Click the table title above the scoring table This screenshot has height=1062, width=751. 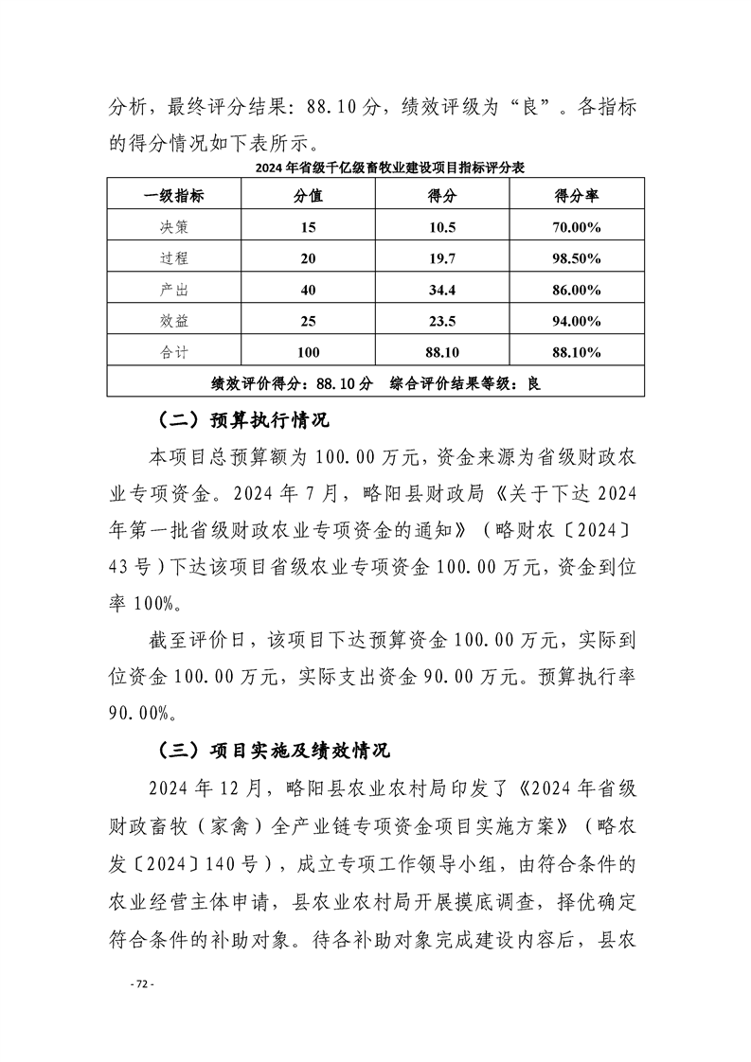coord(376,168)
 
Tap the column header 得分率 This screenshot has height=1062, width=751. coord(577,196)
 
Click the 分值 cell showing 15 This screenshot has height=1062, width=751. coord(308,227)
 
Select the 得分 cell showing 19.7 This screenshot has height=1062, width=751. coord(442,258)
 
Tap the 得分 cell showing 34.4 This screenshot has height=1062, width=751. coord(442,290)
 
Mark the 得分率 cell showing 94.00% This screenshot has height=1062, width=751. coord(577,321)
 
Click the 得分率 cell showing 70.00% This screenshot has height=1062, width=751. coord(577,227)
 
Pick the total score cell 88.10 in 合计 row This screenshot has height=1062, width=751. coord(442,352)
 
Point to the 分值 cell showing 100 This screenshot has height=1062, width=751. coord(308,352)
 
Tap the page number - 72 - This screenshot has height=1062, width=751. coord(141,984)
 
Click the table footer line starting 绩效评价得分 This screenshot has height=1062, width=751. coord(375,383)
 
